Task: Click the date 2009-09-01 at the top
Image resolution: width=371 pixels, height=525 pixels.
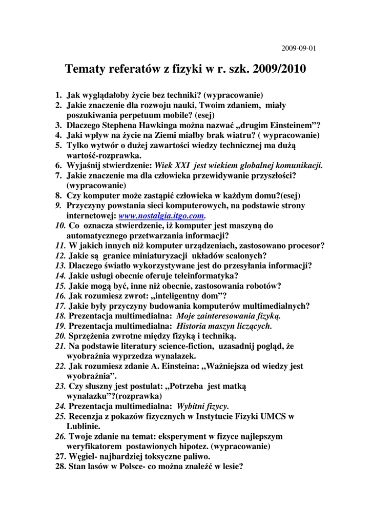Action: pyautogui.click(x=299, y=49)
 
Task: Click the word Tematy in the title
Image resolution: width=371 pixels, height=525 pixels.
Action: pyautogui.click(x=87, y=69)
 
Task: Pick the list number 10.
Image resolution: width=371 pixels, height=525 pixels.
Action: pyautogui.click(x=59, y=226)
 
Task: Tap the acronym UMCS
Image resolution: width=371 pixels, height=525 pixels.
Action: pyautogui.click(x=276, y=416)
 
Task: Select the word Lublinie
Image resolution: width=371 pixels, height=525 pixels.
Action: pyautogui.click(x=83, y=426)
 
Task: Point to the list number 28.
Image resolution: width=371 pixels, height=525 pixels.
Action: pyautogui.click(x=60, y=467)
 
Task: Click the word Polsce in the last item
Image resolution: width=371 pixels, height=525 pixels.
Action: pyautogui.click(x=133, y=467)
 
